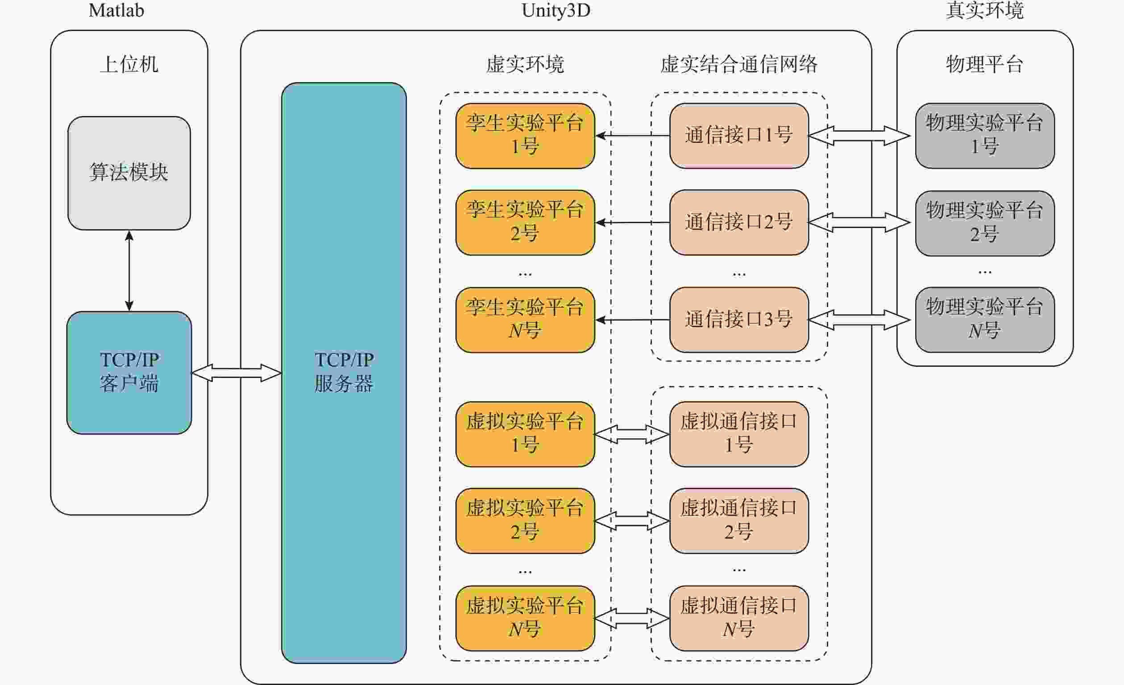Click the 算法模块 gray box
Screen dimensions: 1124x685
click(x=129, y=173)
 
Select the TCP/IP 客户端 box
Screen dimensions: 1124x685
click(x=129, y=372)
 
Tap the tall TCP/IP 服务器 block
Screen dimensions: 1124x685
click(x=344, y=372)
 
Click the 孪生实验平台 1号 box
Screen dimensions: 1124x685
click(x=525, y=136)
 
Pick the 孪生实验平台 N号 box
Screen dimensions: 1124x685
click(x=525, y=320)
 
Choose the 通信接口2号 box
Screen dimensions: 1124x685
click(x=739, y=222)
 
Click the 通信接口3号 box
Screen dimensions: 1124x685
click(x=739, y=320)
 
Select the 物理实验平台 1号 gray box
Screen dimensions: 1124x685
click(x=985, y=136)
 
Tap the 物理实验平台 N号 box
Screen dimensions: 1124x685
click(x=985, y=320)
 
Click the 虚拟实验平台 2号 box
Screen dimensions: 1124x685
click(x=525, y=521)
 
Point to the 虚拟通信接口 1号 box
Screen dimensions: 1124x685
click(x=739, y=434)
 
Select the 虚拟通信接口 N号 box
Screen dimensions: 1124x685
click(x=739, y=619)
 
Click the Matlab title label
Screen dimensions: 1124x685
click(x=116, y=10)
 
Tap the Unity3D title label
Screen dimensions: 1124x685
click(x=556, y=10)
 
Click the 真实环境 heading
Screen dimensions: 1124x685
click(x=985, y=10)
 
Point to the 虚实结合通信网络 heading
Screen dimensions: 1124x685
click(x=739, y=64)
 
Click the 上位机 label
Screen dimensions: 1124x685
click(x=129, y=64)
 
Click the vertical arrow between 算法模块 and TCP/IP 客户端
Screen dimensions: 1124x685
click(x=129, y=270)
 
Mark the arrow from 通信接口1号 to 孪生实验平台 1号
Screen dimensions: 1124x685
click(x=633, y=136)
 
